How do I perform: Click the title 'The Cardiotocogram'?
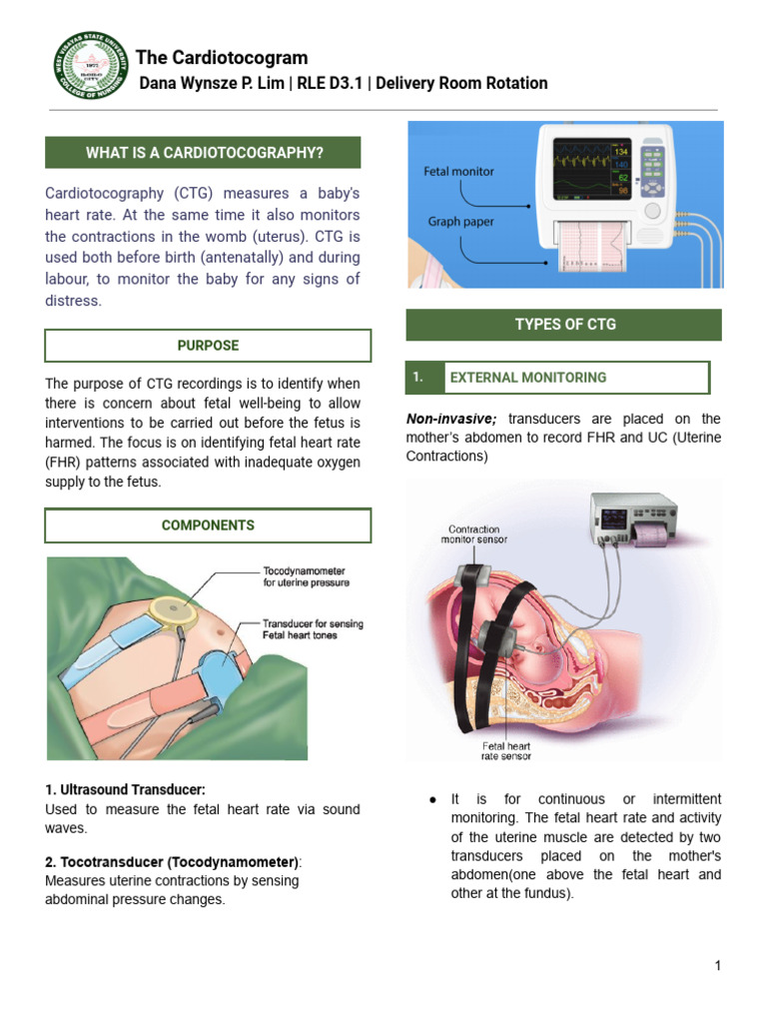click(222, 57)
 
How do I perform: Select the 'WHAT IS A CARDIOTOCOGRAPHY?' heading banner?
click(204, 153)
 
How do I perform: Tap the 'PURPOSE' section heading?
click(208, 346)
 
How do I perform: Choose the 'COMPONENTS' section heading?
click(208, 525)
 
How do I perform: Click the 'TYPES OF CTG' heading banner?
click(564, 325)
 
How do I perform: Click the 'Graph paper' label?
click(459, 222)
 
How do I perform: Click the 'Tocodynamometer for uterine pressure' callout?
click(306, 577)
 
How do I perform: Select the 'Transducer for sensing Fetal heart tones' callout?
click(312, 629)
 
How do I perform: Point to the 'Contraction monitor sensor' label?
click(474, 534)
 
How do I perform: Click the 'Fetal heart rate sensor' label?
click(506, 751)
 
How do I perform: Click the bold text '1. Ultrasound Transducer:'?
click(125, 790)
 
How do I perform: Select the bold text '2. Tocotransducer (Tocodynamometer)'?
click(172, 862)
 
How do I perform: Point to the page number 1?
click(717, 965)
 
